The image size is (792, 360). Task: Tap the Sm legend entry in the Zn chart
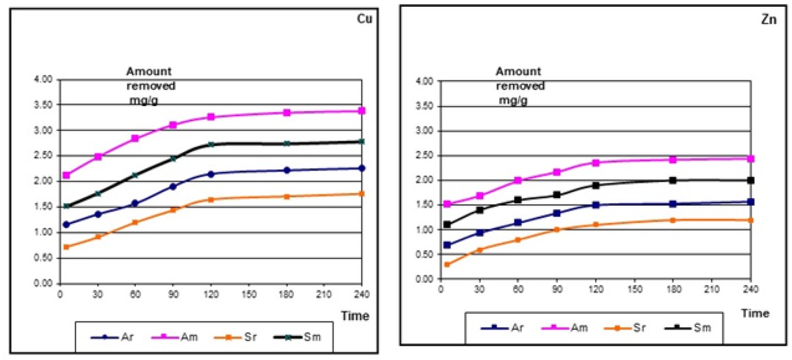tap(702, 329)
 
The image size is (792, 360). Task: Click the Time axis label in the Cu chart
tap(355, 316)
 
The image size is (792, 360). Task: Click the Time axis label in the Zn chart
tap(755, 313)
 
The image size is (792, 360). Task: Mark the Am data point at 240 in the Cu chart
tap(362, 111)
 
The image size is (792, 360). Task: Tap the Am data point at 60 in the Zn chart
tap(518, 180)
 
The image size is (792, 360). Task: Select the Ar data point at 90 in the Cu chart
tap(173, 187)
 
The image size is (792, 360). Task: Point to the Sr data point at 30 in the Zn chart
tap(480, 250)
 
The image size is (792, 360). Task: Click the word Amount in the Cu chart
tap(148, 72)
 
